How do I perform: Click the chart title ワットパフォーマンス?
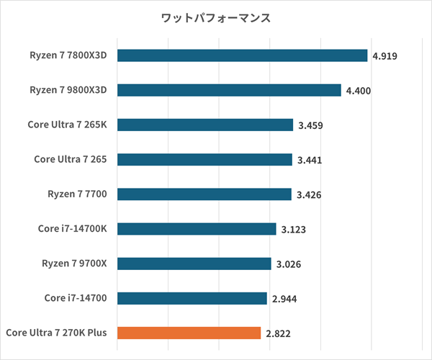[216, 17]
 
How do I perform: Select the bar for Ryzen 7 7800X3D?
[243, 55]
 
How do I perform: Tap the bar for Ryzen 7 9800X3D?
[229, 90]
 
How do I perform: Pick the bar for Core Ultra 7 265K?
[205, 125]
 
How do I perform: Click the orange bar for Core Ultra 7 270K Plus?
[189, 333]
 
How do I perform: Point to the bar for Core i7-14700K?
[197, 229]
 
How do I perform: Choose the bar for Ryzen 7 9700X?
[194, 264]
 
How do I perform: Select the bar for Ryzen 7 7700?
[204, 194]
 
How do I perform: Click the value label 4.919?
[385, 56]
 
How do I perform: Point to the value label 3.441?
[310, 160]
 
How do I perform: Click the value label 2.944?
[284, 298]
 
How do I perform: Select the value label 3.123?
[294, 229]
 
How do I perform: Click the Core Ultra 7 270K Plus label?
[56, 333]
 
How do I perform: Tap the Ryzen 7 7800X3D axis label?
[68, 55]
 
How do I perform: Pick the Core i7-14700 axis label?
[76, 298]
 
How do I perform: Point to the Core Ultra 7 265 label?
[71, 160]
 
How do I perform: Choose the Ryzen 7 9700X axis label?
[73, 264]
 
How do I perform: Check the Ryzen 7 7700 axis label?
[77, 194]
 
